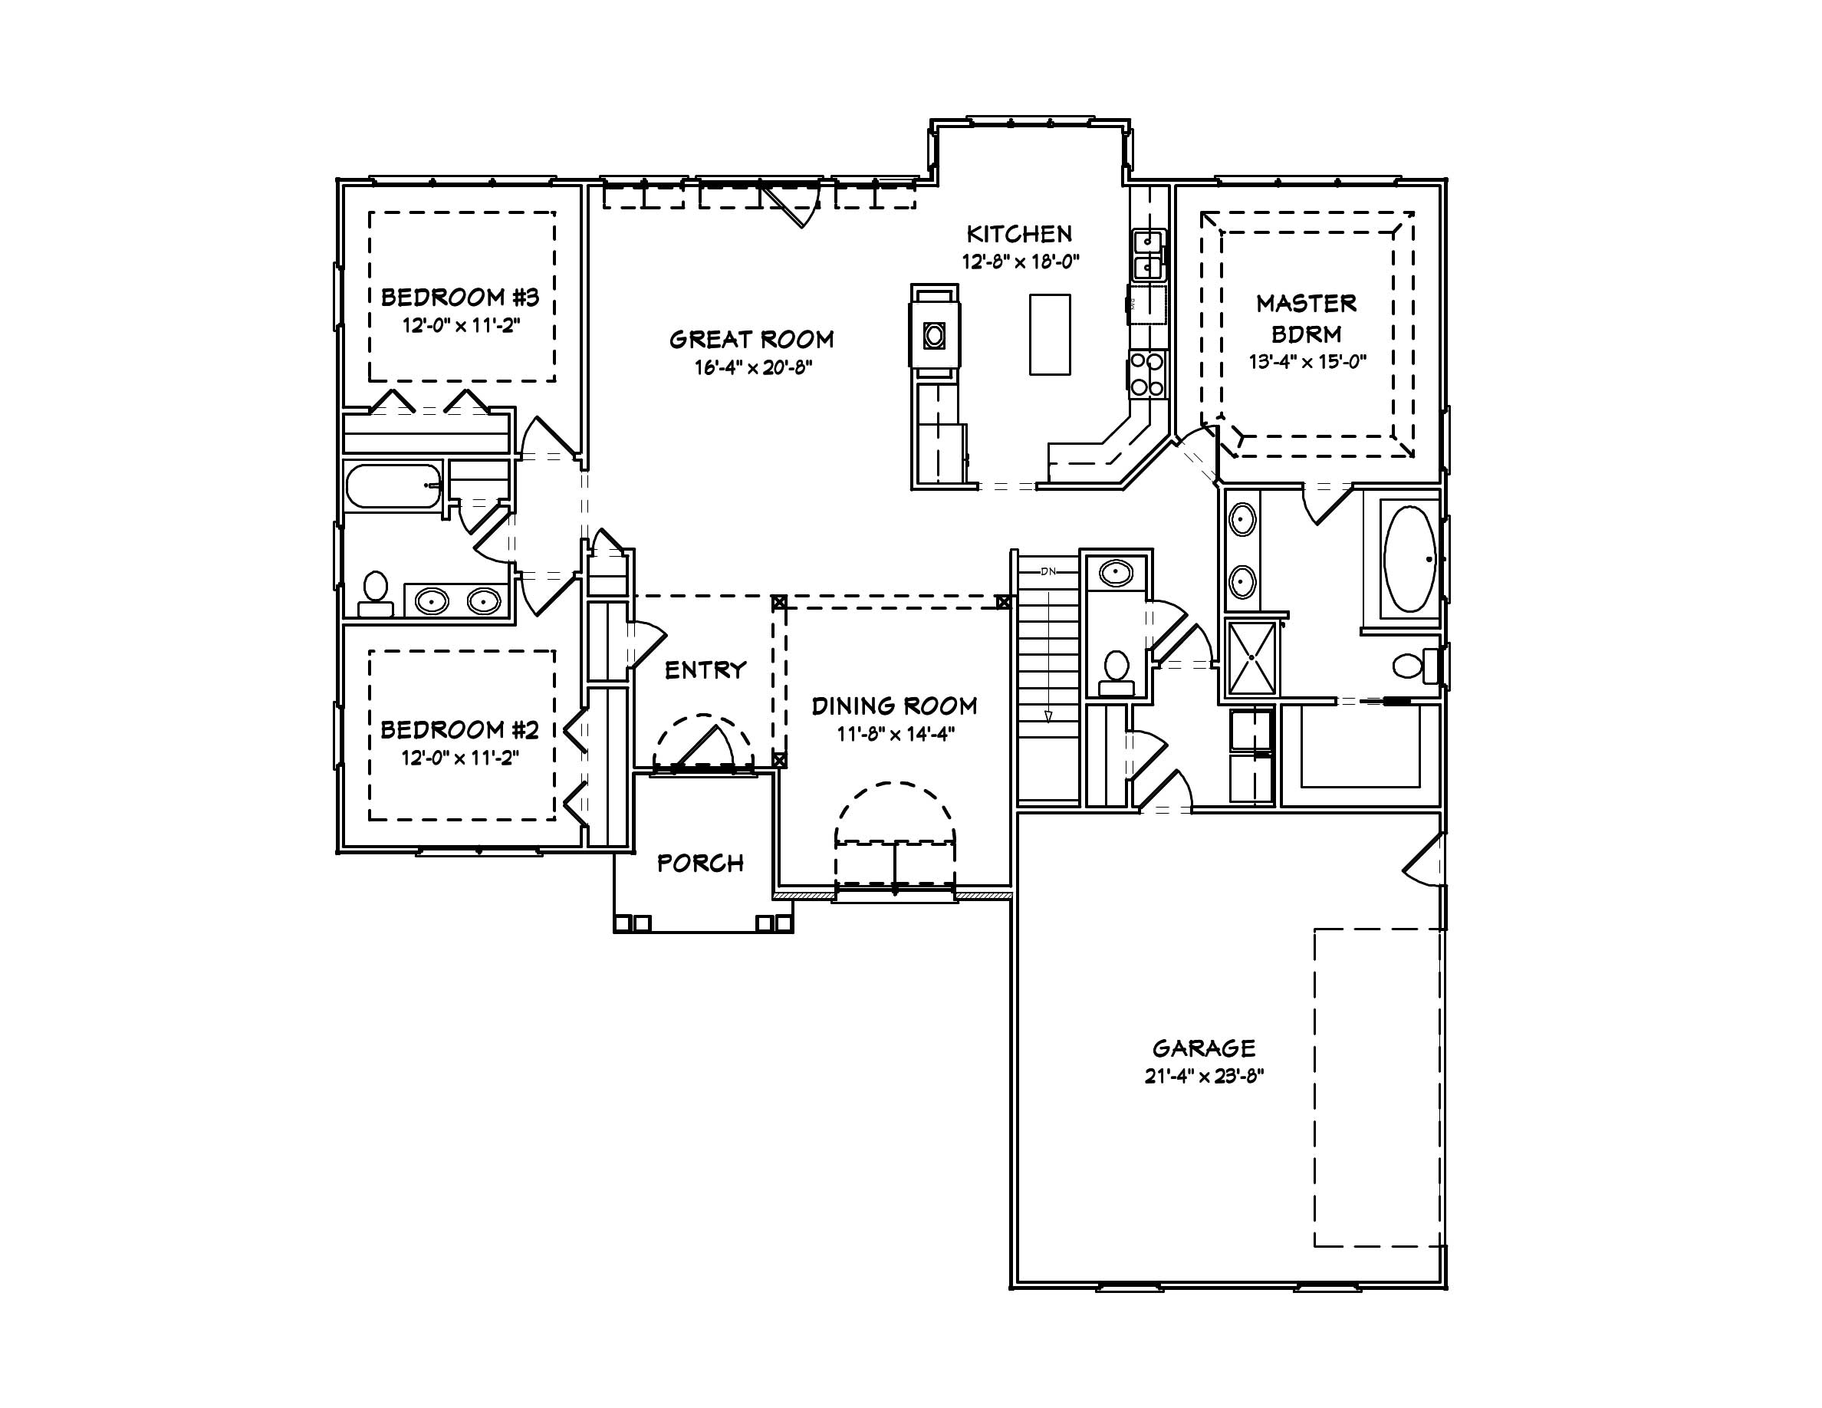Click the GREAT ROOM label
pos(751,340)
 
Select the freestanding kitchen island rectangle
pos(1050,334)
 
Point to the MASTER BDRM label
pos(1306,317)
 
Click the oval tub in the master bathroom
pos(1409,559)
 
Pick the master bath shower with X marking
pos(1252,658)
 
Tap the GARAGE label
pos(1203,1048)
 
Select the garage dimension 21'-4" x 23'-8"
pos(1203,1076)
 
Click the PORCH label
pos(700,864)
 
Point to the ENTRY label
pos(705,669)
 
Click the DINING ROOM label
pos(894,706)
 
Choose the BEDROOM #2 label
pos(459,730)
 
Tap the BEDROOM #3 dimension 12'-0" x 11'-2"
pos(462,325)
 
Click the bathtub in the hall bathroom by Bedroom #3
pos(393,486)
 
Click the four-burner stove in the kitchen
pos(1147,373)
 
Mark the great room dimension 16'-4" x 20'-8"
pos(752,368)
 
